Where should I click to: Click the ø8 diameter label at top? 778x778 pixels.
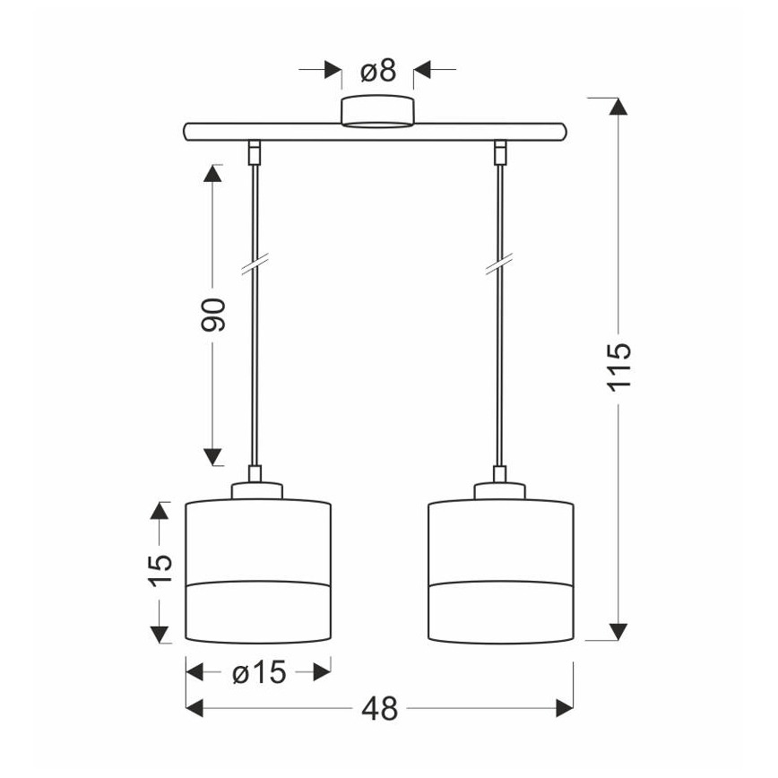coord(378,71)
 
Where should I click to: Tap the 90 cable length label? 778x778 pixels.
coord(212,315)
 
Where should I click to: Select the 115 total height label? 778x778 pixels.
coord(619,367)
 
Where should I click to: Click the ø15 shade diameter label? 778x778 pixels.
coord(259,673)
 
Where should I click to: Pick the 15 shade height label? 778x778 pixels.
coord(160,571)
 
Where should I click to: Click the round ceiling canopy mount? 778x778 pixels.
coord(377,111)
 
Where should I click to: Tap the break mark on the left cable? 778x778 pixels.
coord(255,264)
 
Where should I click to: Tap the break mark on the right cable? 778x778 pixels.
coord(499,264)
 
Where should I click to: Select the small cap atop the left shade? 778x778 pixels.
coord(257,490)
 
